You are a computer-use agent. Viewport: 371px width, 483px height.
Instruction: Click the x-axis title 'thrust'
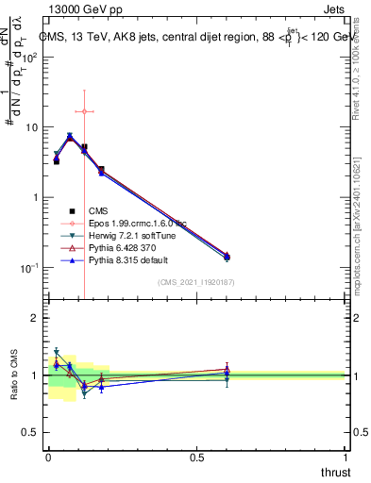334,471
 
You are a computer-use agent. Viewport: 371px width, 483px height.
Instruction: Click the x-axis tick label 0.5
196,457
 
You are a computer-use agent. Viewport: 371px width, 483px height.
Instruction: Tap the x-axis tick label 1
346,457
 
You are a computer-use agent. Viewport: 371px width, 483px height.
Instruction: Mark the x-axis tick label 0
48,457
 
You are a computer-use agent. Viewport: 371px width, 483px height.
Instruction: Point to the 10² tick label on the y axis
28,57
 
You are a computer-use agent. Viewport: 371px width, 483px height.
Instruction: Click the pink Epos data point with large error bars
84,111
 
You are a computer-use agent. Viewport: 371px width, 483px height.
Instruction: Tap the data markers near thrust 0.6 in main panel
227,256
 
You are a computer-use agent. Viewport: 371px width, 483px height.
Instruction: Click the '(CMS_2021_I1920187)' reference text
196,282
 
